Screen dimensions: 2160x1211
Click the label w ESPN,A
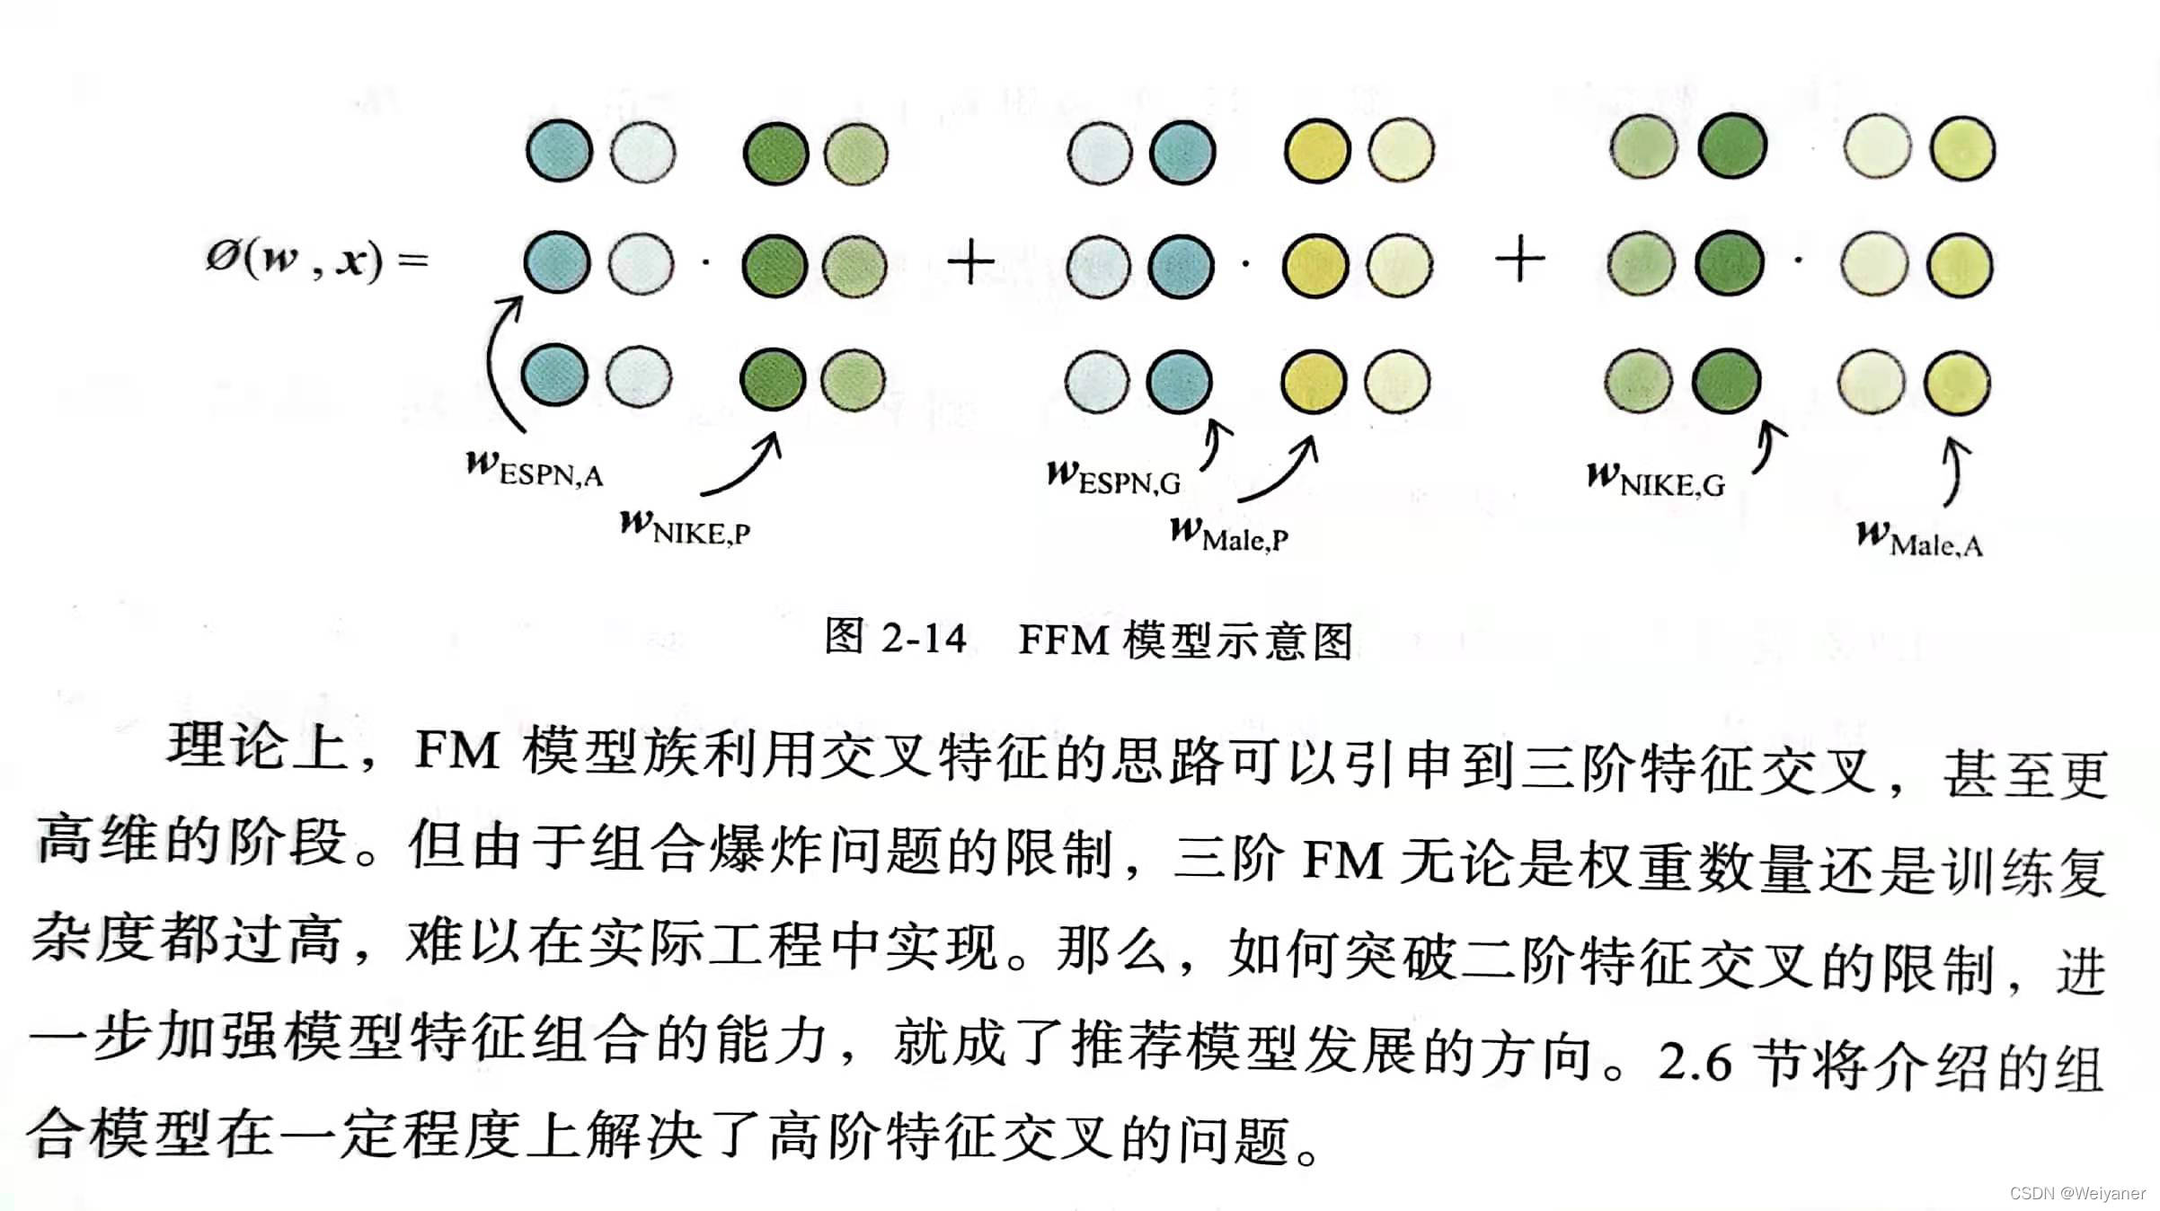[535, 469]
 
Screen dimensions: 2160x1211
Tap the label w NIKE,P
[685, 527]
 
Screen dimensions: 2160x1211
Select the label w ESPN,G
[1114, 477]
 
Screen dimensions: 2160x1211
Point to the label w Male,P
[1229, 535]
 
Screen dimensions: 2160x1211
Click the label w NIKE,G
[1656, 480]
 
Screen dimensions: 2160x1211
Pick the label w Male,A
[1919, 539]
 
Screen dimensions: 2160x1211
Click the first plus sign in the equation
[970, 263]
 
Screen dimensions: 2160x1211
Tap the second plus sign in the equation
[1519, 261]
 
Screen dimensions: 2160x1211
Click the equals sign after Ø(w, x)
[413, 261]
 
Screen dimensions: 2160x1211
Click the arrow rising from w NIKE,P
[744, 465]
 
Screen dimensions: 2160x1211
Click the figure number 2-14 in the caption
[924, 639]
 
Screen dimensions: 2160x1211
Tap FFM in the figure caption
[1063, 641]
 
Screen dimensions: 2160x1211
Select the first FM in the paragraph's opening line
[456, 750]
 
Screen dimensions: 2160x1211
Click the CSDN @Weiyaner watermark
[2076, 1193]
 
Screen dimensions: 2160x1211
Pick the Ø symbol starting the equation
[222, 258]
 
